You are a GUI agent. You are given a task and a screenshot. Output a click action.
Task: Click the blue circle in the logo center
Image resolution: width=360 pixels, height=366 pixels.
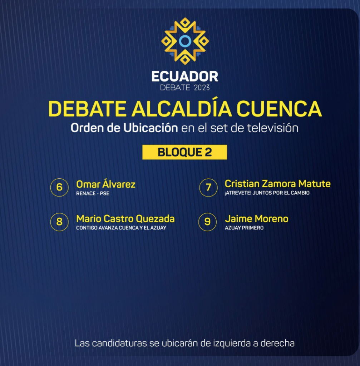pyautogui.click(x=185, y=41)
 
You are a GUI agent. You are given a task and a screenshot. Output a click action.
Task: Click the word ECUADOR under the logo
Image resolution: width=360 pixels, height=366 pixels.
pyautogui.click(x=185, y=76)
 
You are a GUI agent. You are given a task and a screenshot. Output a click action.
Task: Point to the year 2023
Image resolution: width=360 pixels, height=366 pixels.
pyautogui.click(x=202, y=88)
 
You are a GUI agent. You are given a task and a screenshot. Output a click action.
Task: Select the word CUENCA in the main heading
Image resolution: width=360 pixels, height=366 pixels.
pyautogui.click(x=279, y=109)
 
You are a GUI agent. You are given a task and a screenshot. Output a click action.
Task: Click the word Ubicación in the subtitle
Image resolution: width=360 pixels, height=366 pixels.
pyautogui.click(x=151, y=128)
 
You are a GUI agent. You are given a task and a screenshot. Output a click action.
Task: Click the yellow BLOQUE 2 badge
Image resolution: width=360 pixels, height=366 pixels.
pyautogui.click(x=185, y=152)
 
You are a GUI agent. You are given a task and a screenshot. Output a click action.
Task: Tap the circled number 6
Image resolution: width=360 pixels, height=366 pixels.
pyautogui.click(x=60, y=187)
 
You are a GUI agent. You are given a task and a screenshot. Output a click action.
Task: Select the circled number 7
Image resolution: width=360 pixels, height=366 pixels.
pyautogui.click(x=208, y=187)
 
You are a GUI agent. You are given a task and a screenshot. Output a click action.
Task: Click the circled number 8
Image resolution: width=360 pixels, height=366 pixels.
pyautogui.click(x=60, y=222)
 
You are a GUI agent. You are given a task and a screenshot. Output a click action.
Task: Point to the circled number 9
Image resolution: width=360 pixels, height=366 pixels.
pyautogui.click(x=208, y=222)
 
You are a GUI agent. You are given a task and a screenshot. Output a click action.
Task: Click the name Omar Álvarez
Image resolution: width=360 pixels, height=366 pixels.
pyautogui.click(x=106, y=184)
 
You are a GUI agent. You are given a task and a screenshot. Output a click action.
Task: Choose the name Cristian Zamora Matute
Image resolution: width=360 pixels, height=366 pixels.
pyautogui.click(x=277, y=184)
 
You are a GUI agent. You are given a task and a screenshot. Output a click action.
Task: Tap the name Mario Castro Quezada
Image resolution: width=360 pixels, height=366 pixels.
pyautogui.click(x=125, y=219)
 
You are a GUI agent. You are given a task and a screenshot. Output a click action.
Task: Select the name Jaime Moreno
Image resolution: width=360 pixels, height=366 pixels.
pyautogui.click(x=257, y=219)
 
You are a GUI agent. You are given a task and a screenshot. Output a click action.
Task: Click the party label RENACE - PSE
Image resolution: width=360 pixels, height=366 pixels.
pyautogui.click(x=93, y=193)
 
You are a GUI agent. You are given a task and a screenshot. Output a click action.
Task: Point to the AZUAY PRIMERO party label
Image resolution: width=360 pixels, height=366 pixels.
pyautogui.click(x=244, y=228)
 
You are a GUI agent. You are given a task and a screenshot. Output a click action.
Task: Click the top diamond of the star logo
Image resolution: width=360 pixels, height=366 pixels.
pyautogui.click(x=185, y=23)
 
